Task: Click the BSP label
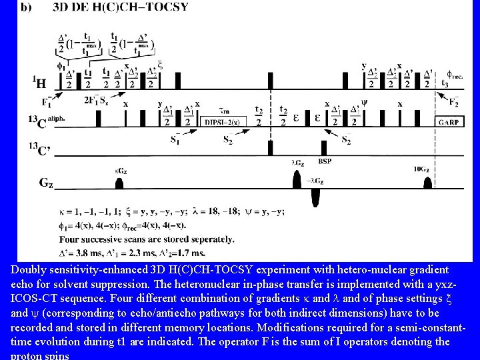click(x=324, y=161)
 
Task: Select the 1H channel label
click(x=39, y=83)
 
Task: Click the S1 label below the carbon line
click(x=175, y=139)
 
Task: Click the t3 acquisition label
click(x=445, y=83)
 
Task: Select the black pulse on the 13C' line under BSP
click(x=325, y=147)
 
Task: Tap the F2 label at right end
click(x=453, y=101)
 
